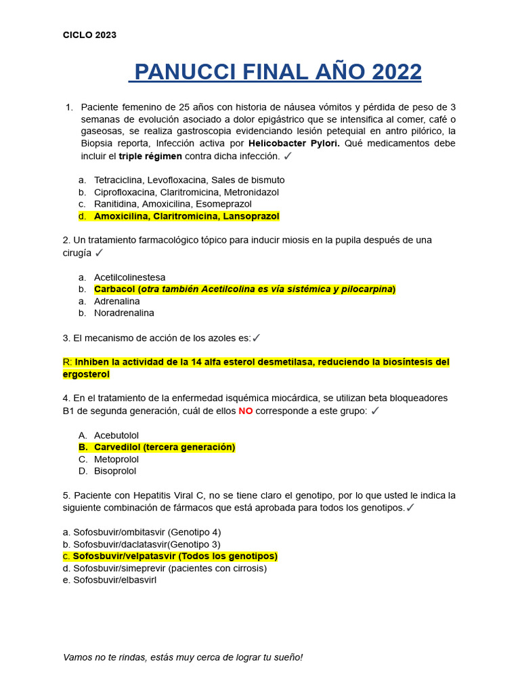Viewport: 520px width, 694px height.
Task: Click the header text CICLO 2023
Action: click(89, 35)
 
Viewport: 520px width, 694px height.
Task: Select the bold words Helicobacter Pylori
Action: click(294, 144)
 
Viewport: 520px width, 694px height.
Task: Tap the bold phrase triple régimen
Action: click(150, 156)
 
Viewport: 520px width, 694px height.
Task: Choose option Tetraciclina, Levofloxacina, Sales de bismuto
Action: click(189, 180)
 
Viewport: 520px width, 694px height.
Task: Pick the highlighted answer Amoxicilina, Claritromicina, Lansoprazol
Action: click(186, 216)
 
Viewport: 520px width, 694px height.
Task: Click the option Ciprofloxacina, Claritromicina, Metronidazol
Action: click(186, 192)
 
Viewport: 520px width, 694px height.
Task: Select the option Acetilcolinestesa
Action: click(129, 277)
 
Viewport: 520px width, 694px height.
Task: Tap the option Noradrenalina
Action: click(124, 313)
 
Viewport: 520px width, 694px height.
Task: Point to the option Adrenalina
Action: click(116, 301)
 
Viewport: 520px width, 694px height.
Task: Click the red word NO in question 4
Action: click(246, 411)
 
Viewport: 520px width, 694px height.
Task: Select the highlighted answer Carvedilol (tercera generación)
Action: click(164, 447)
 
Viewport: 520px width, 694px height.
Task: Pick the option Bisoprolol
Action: click(115, 471)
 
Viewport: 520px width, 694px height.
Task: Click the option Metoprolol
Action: click(116, 460)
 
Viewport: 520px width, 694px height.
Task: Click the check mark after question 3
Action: click(256, 338)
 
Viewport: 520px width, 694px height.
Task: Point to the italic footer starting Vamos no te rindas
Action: click(183, 657)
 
